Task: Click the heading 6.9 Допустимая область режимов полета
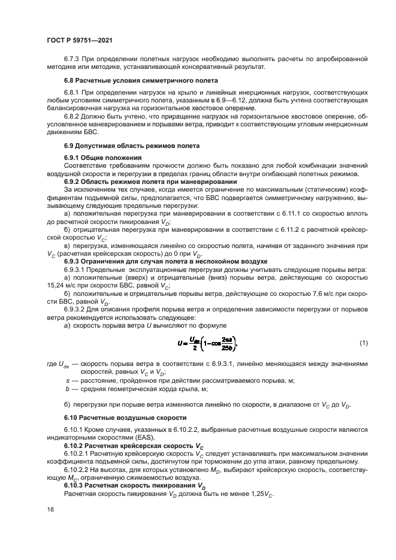pyautogui.click(x=132, y=146)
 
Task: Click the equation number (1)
pyautogui.click(x=363, y=343)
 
